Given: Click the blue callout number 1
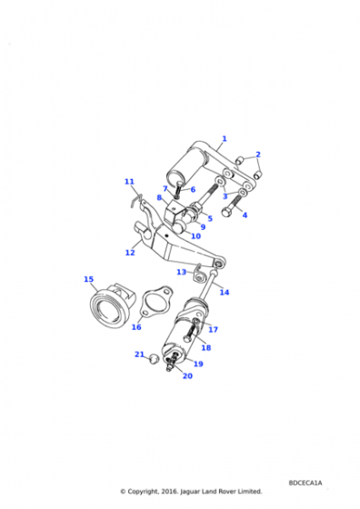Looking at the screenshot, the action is [x=225, y=138].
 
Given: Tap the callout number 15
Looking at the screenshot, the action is [x=88, y=279].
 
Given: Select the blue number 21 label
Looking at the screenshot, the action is [x=139, y=354].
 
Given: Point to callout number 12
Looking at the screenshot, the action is [x=130, y=253].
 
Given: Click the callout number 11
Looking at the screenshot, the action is [x=129, y=182].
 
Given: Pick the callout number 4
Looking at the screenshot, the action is [x=245, y=215].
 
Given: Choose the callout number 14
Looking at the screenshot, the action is [x=225, y=292].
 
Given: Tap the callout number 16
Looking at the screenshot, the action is [x=136, y=327].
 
